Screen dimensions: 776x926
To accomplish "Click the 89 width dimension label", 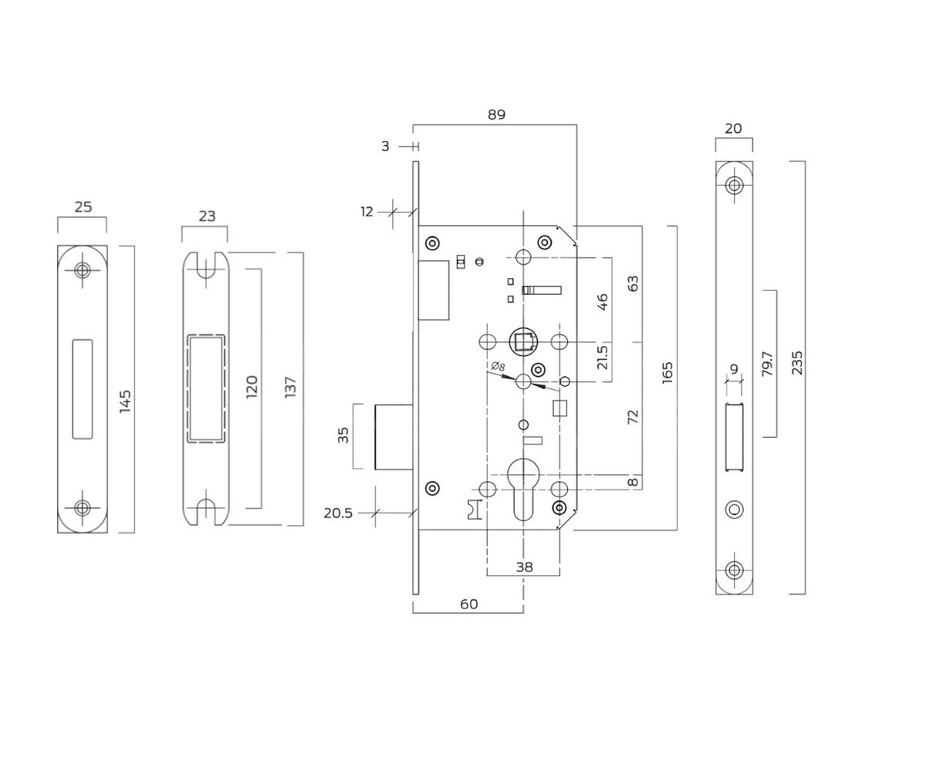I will tap(496, 114).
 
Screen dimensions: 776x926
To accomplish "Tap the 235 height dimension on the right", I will tap(797, 363).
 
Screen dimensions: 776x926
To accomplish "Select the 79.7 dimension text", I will tap(766, 363).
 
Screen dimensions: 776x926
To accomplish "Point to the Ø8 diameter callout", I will tap(498, 366).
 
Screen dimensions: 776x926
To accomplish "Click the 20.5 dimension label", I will tap(338, 513).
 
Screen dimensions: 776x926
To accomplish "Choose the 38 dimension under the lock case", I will tap(524, 567).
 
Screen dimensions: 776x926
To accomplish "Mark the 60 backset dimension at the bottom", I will tap(468, 604).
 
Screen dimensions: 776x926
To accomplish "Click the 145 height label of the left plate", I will tap(125, 401).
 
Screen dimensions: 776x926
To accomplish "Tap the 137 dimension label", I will tap(290, 387).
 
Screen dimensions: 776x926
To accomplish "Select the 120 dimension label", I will tap(252, 387).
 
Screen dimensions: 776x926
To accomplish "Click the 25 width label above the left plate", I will tap(83, 207).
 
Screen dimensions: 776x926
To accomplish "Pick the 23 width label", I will tap(207, 216).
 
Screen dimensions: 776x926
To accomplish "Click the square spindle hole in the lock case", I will tap(523, 341).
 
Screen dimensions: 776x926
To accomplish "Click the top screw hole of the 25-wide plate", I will tap(82, 270).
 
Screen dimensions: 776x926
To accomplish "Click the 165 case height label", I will tap(667, 371).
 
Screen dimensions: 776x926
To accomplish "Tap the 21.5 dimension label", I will tap(603, 357).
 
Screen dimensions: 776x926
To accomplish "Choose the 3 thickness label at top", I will tap(385, 146).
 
